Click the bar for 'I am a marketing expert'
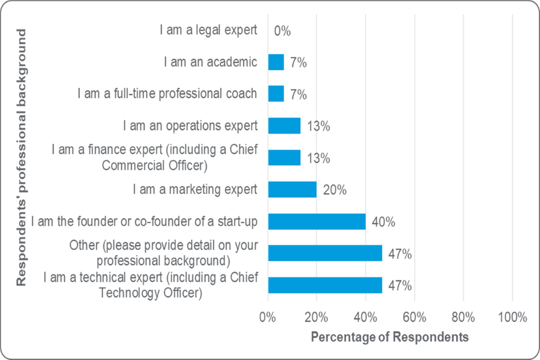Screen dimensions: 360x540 point(292,190)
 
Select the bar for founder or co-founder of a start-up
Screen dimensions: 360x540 point(317,222)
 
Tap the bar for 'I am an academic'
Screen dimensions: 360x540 point(276,62)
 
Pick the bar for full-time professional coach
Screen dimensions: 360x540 point(276,94)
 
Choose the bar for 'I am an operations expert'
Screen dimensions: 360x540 point(284,125)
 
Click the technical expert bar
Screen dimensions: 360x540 point(325,285)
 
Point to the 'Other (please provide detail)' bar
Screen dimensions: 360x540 point(325,253)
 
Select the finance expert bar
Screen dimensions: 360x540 point(284,157)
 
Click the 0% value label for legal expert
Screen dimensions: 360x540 point(282,31)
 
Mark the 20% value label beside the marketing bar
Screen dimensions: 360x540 point(335,190)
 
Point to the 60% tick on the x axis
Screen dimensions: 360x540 point(414,317)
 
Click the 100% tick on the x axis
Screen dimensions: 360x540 point(512,317)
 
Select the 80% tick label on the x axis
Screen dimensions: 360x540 point(463,317)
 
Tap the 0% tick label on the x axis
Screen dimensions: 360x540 point(268,317)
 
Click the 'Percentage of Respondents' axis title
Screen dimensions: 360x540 point(389,337)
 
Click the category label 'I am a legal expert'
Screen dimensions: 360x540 point(209,30)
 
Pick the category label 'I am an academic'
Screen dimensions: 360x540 point(210,62)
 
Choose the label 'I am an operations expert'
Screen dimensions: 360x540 point(190,125)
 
